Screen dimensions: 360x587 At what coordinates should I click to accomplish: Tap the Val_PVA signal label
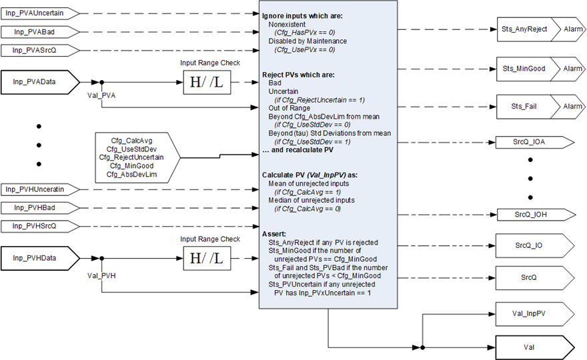pyautogui.click(x=102, y=95)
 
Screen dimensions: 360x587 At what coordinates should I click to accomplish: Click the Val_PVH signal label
pyautogui.click(x=102, y=274)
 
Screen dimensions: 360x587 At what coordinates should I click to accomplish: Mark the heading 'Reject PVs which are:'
pyautogui.click(x=299, y=74)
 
